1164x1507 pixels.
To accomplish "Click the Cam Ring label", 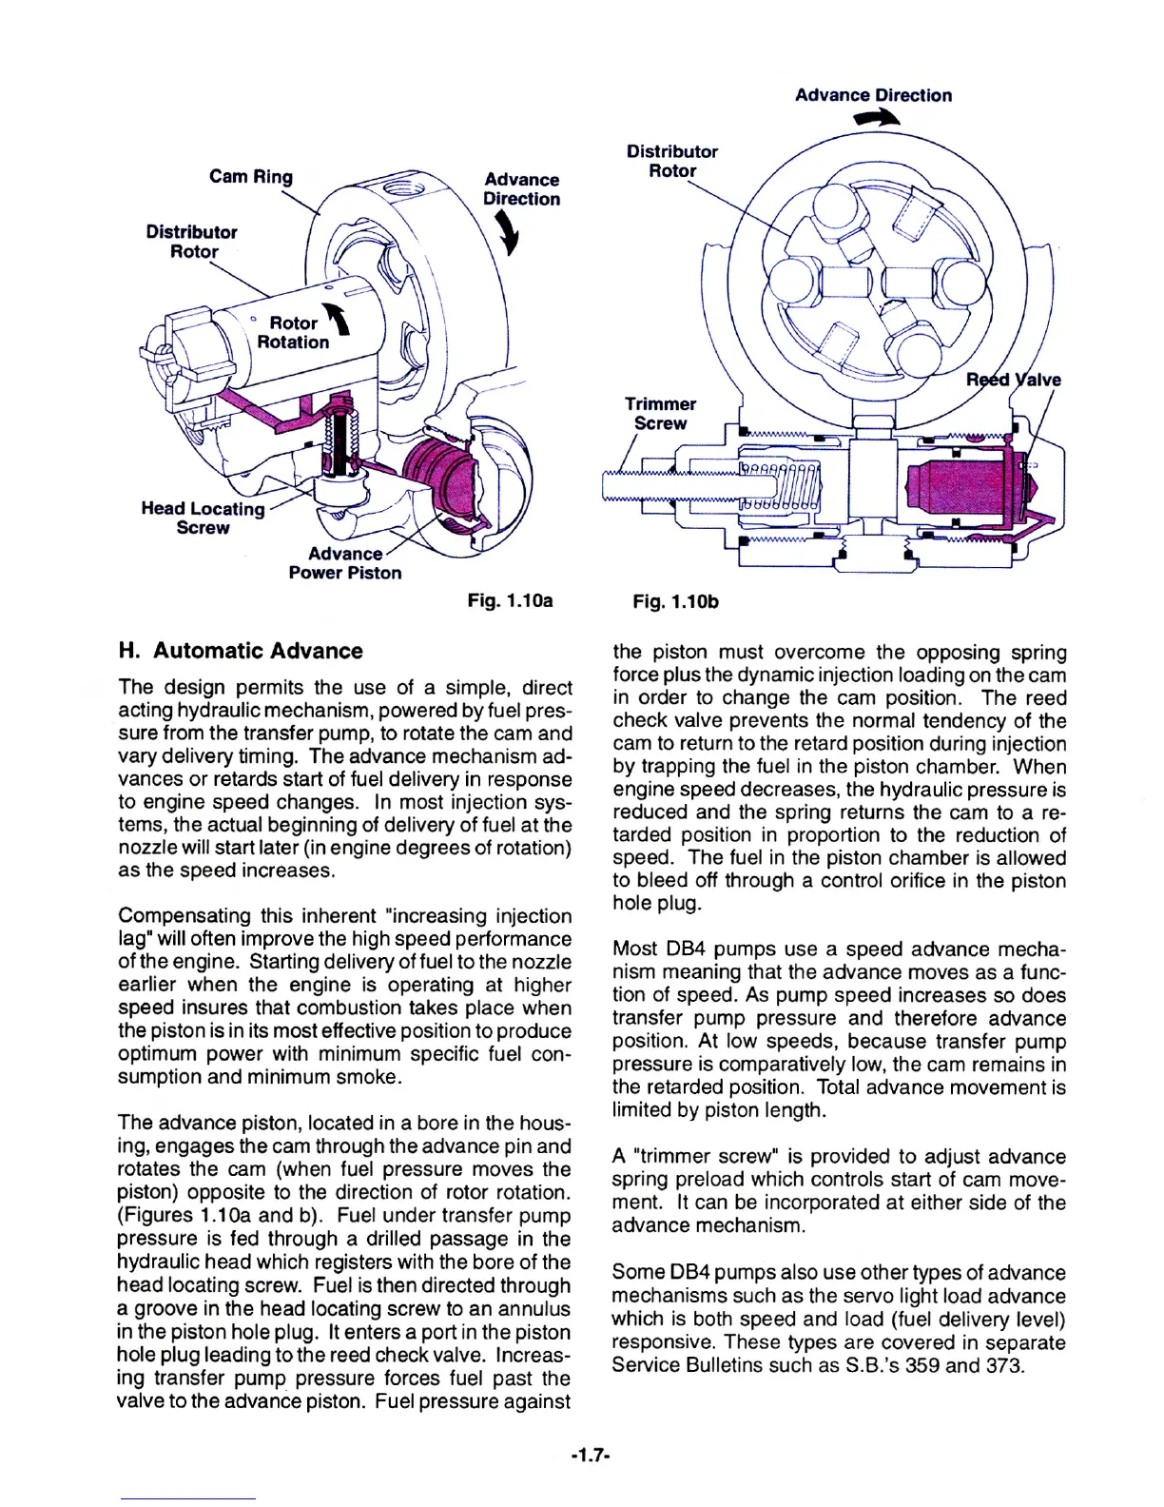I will click(251, 177).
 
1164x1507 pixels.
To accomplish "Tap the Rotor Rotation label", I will click(293, 333).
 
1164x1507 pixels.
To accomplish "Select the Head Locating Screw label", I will click(203, 519).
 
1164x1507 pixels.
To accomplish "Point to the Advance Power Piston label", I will click(345, 563).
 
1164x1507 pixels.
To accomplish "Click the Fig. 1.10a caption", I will click(510, 601).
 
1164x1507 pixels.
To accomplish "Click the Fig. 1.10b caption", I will click(675, 601).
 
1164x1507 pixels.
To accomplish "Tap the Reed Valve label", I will click(1013, 380).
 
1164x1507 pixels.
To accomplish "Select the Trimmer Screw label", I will click(660, 414).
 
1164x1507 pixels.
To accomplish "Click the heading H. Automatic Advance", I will click(241, 651).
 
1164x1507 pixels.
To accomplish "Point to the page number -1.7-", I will click(590, 1456).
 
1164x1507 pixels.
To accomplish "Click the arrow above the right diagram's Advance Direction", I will click(876, 119).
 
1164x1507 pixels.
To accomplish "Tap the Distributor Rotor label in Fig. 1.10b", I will click(671, 161).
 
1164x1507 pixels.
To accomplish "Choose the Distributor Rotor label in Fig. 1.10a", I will click(192, 242).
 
